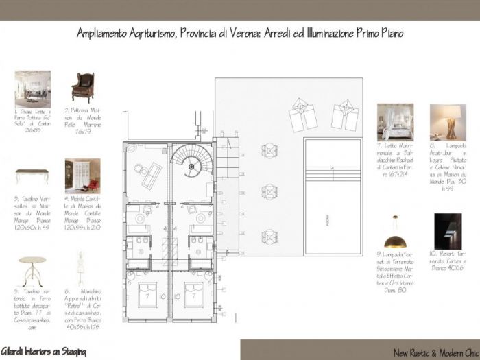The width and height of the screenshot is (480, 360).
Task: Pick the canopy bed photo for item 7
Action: tap(395, 121)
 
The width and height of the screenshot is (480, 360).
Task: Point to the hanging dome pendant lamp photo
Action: tap(394, 231)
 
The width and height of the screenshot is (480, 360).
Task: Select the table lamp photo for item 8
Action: tap(448, 121)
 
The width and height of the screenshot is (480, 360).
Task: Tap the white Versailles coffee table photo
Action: tap(32, 176)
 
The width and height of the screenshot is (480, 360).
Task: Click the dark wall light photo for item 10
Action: tap(448, 231)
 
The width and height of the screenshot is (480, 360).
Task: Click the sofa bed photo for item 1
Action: tap(32, 89)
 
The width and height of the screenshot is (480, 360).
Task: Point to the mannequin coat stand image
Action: tap(82, 269)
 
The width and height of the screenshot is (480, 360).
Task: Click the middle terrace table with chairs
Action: tap(269, 191)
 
